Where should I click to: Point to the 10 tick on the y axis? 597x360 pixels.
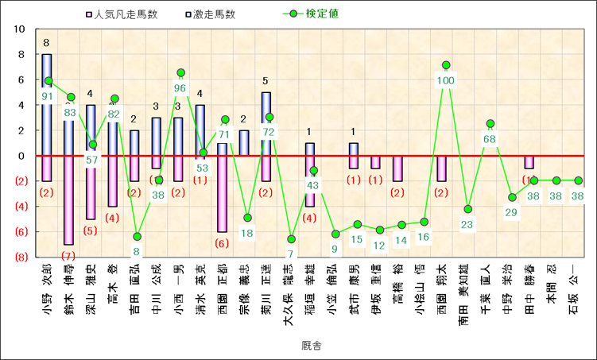coord(19,29)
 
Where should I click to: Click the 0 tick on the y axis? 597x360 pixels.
coord(21,156)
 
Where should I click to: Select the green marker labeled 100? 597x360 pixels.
coord(446,65)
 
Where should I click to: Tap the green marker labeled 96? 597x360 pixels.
coord(180,72)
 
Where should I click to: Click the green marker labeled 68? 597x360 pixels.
coord(490,123)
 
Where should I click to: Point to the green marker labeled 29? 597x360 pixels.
coord(513,197)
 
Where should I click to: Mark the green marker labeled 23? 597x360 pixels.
coord(468,209)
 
